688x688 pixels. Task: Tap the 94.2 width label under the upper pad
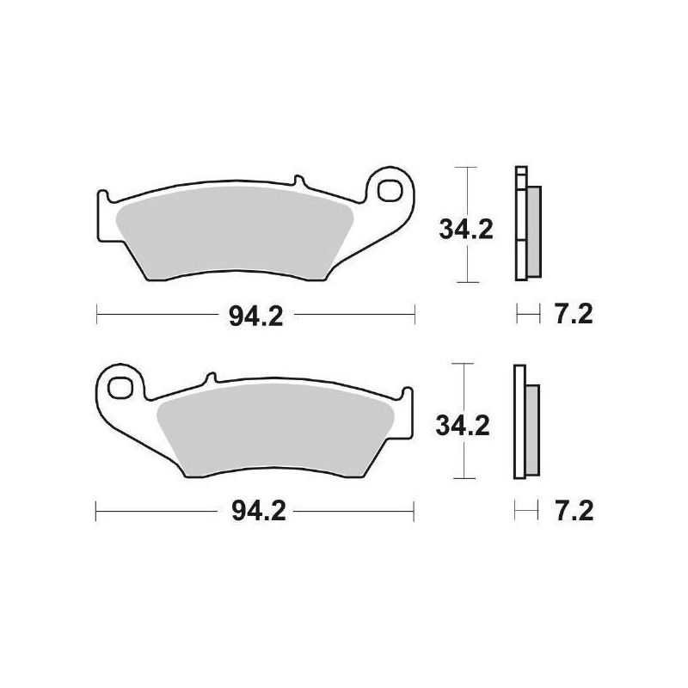click(x=255, y=316)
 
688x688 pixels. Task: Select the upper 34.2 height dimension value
click(x=465, y=230)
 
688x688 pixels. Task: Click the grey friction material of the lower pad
click(x=275, y=430)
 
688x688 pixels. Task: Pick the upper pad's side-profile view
click(x=526, y=224)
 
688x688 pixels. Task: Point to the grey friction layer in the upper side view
click(x=534, y=232)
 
